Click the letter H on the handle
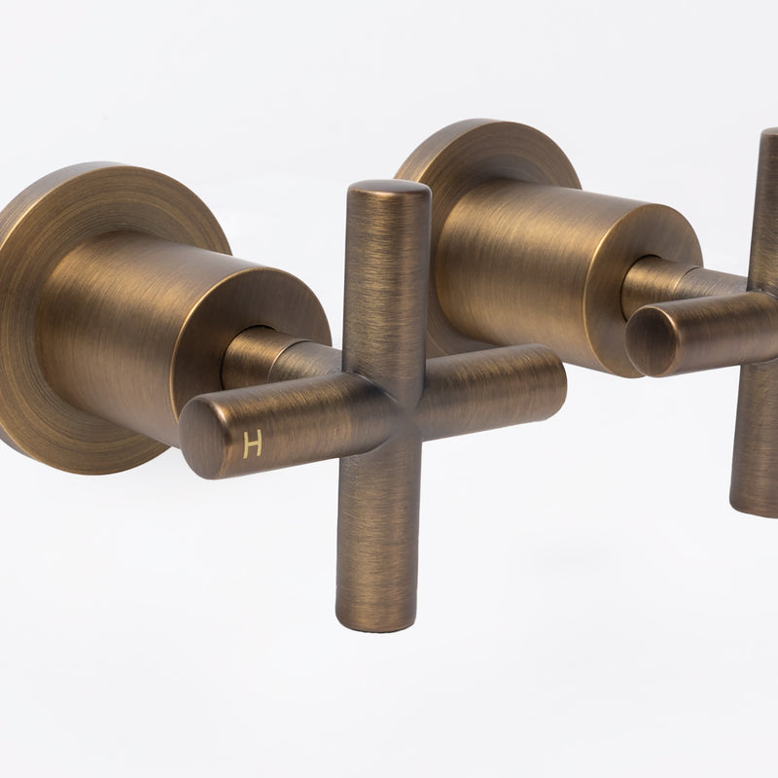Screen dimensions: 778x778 coord(252,445)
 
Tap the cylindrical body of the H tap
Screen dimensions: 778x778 coord(146,311)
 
